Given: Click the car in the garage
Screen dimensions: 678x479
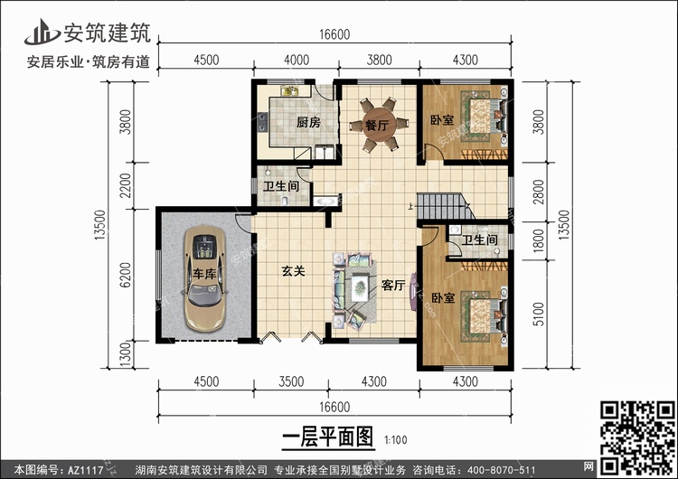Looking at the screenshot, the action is (x=204, y=279).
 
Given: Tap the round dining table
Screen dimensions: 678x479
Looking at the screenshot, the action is (x=379, y=126).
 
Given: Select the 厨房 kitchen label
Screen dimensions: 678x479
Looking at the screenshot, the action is (x=308, y=122).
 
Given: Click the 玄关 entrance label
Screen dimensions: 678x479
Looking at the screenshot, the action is (x=293, y=271).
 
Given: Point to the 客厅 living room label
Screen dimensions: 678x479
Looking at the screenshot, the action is (x=393, y=285).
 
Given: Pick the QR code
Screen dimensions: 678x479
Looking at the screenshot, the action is (x=637, y=437).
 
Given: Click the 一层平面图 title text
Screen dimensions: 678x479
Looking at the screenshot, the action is (x=328, y=437).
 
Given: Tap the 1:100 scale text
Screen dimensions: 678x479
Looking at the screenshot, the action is (x=396, y=440).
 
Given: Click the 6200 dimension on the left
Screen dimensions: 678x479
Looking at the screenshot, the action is (x=125, y=275).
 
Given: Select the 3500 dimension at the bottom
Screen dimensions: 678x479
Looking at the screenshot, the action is (x=291, y=381).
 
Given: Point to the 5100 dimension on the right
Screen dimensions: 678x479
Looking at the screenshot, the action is (x=538, y=315).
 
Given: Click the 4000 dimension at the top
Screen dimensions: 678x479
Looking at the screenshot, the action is (x=297, y=60).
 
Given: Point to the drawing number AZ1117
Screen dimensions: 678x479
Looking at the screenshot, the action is (x=86, y=470).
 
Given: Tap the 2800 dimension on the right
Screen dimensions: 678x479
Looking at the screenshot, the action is (x=538, y=192).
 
